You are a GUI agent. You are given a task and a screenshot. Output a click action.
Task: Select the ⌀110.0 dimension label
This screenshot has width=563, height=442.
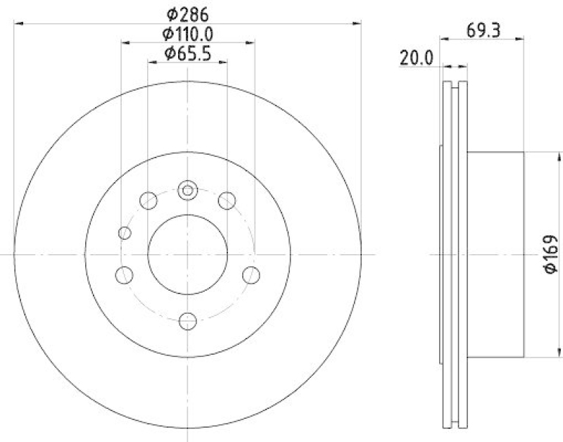pyautogui.click(x=187, y=33)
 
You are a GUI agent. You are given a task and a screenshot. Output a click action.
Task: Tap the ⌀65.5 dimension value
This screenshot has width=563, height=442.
pyautogui.click(x=187, y=53)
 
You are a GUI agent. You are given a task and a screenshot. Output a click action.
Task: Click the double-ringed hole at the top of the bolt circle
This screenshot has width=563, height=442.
pyautogui.click(x=187, y=189)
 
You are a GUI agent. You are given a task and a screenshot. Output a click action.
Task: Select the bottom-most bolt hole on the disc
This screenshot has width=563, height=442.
pyautogui.click(x=187, y=321)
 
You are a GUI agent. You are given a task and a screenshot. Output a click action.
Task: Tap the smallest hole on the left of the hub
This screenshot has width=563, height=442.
pyautogui.click(x=125, y=233)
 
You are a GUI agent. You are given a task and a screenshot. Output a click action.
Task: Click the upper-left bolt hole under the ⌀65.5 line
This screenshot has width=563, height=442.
pyautogui.click(x=148, y=201)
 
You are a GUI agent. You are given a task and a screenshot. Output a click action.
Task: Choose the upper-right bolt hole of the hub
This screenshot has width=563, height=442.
pyautogui.click(x=226, y=201)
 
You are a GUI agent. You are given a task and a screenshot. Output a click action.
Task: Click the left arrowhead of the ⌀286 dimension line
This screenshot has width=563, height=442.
pyautogui.click(x=18, y=23)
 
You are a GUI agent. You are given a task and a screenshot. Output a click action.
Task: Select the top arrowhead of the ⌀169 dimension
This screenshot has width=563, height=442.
pyautogui.click(x=536, y=156)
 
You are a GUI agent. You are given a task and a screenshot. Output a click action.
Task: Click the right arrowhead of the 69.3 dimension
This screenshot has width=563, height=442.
pyautogui.click(x=520, y=37)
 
